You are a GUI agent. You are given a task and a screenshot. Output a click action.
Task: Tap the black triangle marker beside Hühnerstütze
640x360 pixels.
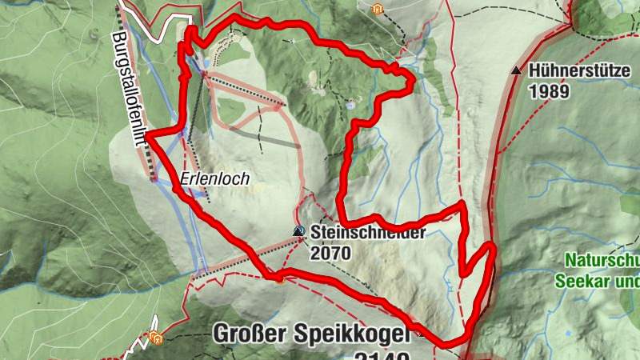pos(516,71)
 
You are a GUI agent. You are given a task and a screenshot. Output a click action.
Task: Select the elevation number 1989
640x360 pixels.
pos(549,90)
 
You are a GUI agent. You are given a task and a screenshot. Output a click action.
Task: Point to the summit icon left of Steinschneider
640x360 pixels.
pos(298,231)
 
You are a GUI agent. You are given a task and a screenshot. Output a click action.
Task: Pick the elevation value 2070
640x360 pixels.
pos(330,254)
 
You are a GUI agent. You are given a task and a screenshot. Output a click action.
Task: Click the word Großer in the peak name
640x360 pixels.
pos(258,334)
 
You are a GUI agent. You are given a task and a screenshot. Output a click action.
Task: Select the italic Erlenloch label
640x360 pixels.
pos(215,180)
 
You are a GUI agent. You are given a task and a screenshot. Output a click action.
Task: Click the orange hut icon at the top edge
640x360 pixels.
pos(378,10)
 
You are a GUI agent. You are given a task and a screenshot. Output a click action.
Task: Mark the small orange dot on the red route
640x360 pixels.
pos(279,279)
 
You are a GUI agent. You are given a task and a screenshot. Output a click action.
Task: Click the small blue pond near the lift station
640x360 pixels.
pos(208,63)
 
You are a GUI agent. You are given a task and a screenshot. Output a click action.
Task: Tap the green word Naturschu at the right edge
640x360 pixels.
pos(602,261)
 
